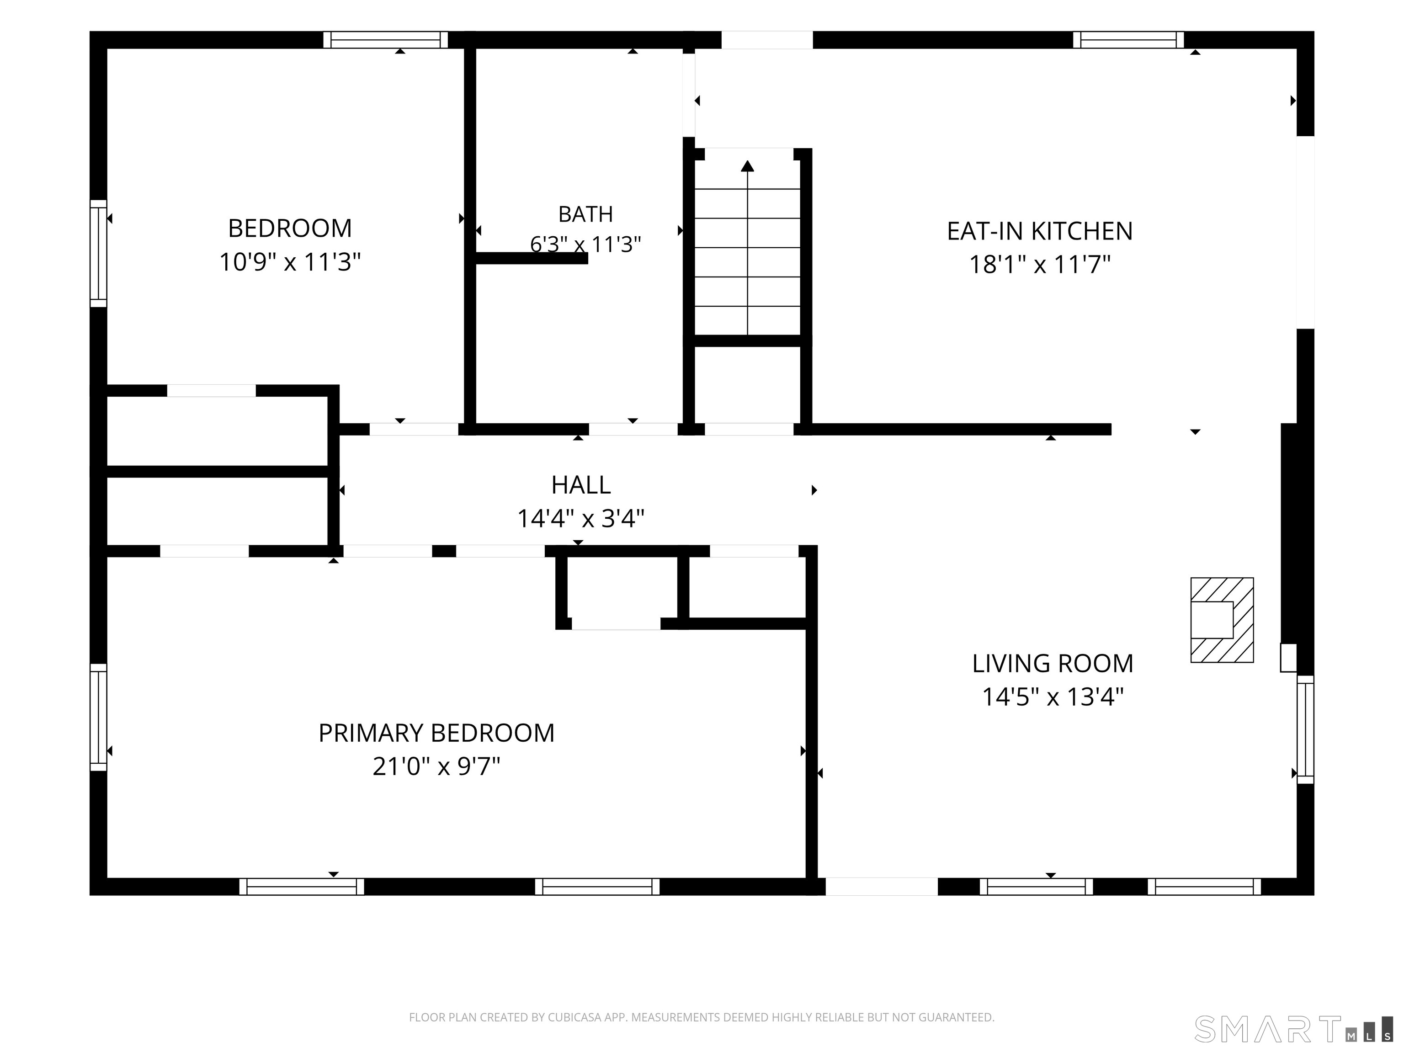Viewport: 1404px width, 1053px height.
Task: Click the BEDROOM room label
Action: pyautogui.click(x=290, y=229)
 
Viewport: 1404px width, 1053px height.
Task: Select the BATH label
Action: pyautogui.click(x=585, y=214)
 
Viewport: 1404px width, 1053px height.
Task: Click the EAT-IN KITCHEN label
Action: pyautogui.click(x=1040, y=231)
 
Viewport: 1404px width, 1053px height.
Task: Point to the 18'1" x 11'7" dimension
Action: pyautogui.click(x=1040, y=265)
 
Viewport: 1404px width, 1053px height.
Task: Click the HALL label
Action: pyautogui.click(x=581, y=485)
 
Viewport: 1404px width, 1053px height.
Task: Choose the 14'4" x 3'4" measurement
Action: pyautogui.click(x=581, y=519)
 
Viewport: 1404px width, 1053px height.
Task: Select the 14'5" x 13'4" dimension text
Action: pyautogui.click(x=1053, y=697)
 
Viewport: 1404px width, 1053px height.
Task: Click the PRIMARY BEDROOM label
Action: pyautogui.click(x=436, y=734)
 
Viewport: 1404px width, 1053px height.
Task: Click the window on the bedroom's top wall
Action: pyautogui.click(x=385, y=40)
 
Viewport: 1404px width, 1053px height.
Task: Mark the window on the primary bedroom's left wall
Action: pyautogui.click(x=98, y=717)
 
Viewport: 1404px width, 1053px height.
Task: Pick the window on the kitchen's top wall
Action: pyautogui.click(x=1128, y=40)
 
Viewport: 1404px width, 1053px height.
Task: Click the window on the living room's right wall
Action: pyautogui.click(x=1305, y=729)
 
